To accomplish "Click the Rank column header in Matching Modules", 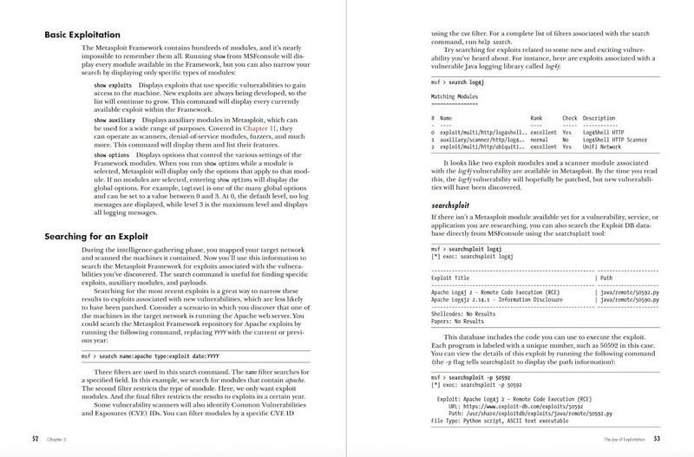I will [538, 115].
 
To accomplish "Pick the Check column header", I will [569, 115].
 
